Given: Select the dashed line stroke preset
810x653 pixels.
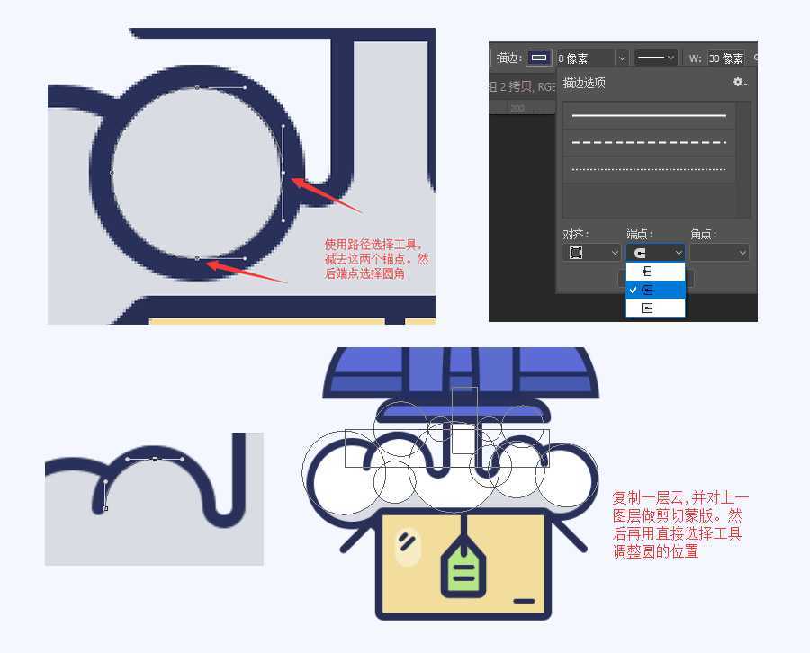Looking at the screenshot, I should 649,142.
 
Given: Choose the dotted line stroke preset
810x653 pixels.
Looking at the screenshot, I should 649,168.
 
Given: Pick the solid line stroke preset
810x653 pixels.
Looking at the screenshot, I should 649,116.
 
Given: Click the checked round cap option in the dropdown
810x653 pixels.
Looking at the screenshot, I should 655,290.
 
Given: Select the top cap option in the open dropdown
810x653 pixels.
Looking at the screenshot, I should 655,271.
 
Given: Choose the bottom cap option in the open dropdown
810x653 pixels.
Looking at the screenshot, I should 655,308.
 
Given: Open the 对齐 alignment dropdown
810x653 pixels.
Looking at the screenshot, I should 591,253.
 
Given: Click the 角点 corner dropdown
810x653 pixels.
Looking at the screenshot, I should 719,253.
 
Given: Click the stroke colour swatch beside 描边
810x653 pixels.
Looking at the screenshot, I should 539,58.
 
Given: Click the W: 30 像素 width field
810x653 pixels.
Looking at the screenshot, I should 725,58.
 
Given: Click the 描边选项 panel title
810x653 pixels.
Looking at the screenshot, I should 584,83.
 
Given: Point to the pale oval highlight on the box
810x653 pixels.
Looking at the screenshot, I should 409,545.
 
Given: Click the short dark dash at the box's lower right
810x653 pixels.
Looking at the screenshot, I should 524,600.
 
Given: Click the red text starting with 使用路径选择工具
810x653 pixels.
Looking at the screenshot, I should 376,258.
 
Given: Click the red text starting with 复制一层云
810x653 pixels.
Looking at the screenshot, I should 679,524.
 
